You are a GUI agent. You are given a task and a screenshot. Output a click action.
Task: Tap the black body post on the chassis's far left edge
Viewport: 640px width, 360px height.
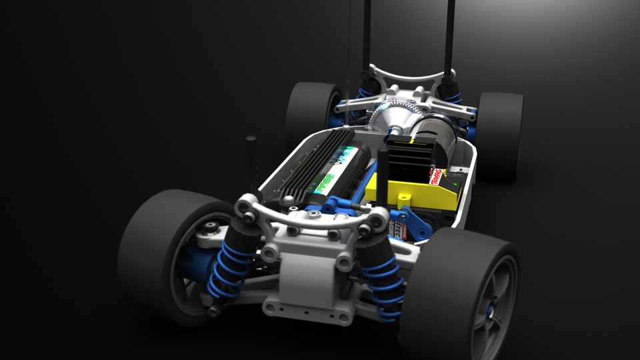(251, 160)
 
